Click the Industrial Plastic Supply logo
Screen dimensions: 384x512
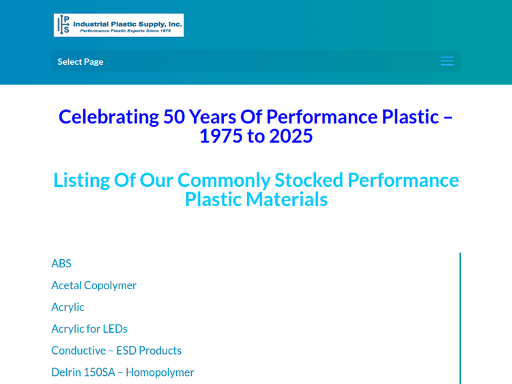[x=119, y=25]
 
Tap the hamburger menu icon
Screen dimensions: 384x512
[x=447, y=61]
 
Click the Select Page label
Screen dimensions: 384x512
[x=81, y=61]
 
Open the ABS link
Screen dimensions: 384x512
[x=61, y=263]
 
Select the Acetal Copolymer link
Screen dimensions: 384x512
[x=94, y=285]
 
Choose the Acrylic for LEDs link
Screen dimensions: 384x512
[x=89, y=329]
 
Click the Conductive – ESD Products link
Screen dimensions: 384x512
[x=116, y=351]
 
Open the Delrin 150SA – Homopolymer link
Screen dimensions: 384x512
[x=122, y=372]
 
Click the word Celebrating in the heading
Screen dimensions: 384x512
[x=108, y=117]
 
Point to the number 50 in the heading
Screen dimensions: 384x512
[x=173, y=117]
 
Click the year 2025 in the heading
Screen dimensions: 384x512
[x=291, y=136]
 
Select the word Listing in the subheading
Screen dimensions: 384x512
[x=82, y=180]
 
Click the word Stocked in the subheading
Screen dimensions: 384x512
[x=309, y=180]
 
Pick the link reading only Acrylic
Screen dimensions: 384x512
[x=68, y=307]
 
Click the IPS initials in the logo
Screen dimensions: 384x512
[x=63, y=25]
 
